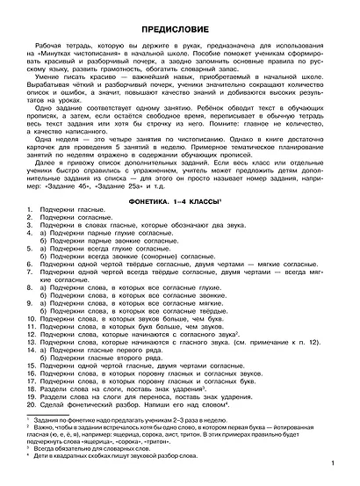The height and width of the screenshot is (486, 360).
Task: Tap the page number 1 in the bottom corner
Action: [344, 464]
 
